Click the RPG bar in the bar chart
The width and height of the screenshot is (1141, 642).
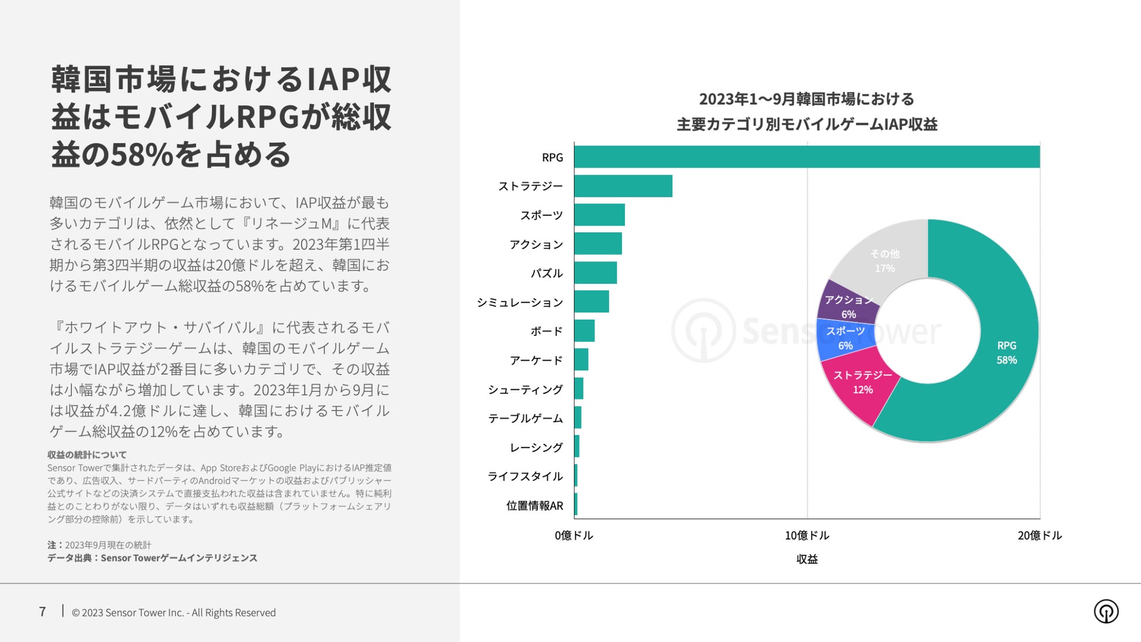coord(806,157)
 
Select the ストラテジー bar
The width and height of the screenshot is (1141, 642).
coord(623,186)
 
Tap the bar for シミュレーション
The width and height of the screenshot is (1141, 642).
coord(591,301)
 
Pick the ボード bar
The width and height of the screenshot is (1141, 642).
coord(584,331)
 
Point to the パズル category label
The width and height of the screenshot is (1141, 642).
coord(547,273)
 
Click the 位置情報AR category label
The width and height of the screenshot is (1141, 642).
coord(534,506)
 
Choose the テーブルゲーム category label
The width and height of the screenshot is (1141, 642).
coord(525,418)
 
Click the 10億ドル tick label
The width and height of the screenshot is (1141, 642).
coord(806,535)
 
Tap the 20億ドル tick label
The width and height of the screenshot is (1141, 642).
coord(1039,535)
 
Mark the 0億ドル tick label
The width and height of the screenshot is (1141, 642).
coord(573,535)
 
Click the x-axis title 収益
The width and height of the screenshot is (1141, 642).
coord(806,559)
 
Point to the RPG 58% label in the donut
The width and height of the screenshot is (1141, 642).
coord(1006,353)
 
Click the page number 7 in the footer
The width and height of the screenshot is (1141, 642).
coord(42,612)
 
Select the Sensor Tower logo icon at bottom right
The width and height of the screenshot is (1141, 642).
coord(1105,612)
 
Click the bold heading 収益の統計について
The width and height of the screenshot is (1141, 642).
coord(87,455)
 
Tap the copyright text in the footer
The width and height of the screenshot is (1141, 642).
coord(173,613)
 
